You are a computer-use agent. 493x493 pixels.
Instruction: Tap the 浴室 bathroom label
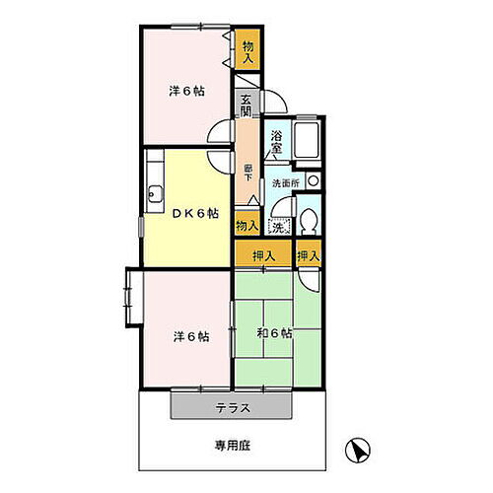tap(278, 141)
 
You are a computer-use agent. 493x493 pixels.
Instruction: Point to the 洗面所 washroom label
tap(286, 183)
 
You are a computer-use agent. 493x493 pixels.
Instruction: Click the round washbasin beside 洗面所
tap(313, 181)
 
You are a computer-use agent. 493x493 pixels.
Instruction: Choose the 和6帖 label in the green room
tap(274, 333)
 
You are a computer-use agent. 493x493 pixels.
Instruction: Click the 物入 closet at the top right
tap(248, 51)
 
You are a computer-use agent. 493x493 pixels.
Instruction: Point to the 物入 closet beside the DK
tap(247, 226)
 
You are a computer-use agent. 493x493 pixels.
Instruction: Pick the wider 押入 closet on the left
tap(263, 256)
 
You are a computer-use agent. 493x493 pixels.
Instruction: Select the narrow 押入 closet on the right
tap(309, 256)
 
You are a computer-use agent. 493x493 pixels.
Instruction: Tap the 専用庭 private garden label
tap(233, 446)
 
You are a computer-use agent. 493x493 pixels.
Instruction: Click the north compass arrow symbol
tap(359, 450)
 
